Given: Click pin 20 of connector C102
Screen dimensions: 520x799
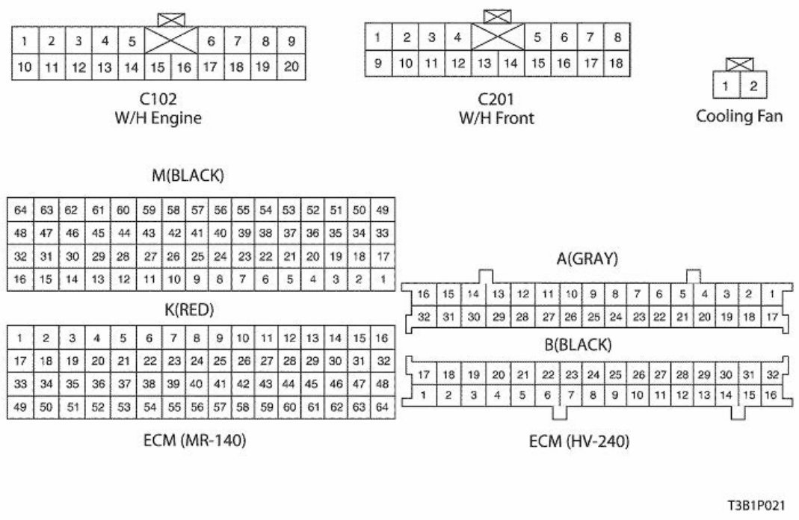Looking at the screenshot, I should pos(291,66).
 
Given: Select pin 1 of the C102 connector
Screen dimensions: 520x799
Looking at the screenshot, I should pos(25,40).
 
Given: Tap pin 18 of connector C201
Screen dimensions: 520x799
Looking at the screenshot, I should pos(617,64).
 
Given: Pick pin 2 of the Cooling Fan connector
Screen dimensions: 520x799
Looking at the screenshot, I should pos(753,86).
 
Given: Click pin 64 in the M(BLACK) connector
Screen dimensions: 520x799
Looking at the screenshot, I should pos(21,210).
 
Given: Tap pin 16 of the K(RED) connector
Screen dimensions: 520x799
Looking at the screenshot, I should pos(381,338).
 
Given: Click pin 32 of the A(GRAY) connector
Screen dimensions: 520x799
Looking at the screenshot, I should pos(424,317).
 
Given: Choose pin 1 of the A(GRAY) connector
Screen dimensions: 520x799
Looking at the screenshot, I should pos(771,294).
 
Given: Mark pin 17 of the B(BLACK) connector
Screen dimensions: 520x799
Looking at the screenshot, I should pos(424,374).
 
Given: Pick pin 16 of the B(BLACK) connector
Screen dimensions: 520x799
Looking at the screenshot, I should pos(771,394).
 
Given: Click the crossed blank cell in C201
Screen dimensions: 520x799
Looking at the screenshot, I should pos(497,36).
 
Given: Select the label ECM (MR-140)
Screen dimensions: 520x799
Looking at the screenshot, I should pos(196,441).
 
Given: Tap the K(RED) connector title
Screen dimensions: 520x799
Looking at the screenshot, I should pos(196,309).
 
